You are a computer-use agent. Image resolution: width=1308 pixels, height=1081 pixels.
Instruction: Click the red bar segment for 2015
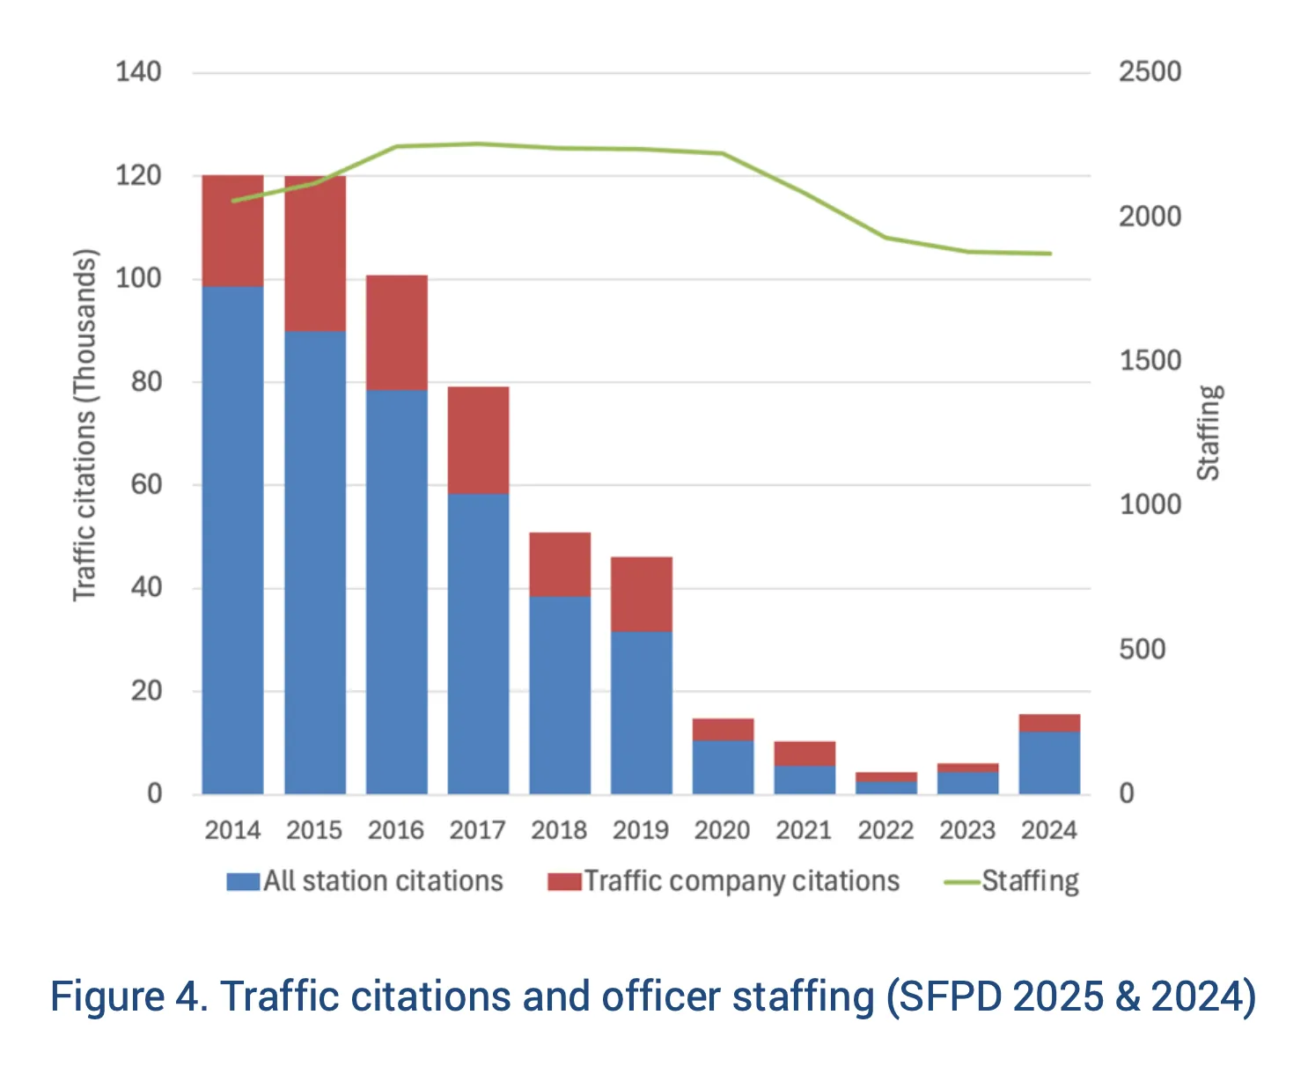click(x=314, y=254)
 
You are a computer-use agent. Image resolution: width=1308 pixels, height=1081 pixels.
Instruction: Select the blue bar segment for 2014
click(x=232, y=540)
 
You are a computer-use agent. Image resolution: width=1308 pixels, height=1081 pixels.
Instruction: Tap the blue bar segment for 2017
click(x=478, y=643)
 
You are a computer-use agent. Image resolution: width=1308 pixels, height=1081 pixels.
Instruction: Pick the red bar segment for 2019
click(x=641, y=594)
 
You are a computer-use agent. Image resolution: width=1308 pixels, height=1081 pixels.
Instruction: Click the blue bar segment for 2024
click(x=1049, y=762)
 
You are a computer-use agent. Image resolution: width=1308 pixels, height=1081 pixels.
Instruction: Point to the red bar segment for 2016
click(x=396, y=333)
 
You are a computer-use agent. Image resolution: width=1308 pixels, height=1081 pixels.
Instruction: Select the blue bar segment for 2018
click(x=560, y=695)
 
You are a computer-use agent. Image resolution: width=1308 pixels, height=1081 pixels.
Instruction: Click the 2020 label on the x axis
click(x=722, y=830)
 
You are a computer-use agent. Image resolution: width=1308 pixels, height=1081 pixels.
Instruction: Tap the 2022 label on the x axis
click(x=885, y=830)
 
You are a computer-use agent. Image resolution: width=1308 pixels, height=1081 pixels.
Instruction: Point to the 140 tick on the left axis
click(x=138, y=72)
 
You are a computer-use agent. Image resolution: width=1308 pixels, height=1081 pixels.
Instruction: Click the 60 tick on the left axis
click(x=146, y=484)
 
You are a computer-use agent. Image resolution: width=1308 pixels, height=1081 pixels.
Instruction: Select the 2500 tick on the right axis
click(x=1150, y=72)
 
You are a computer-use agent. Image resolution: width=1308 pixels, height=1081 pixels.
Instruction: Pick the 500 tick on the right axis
click(x=1142, y=650)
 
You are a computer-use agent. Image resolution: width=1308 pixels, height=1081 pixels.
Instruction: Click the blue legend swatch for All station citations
click(x=243, y=881)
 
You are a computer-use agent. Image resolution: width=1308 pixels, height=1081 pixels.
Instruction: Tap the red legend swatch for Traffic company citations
click(x=564, y=881)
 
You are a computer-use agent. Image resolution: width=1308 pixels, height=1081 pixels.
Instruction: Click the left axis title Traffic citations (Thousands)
click(x=85, y=426)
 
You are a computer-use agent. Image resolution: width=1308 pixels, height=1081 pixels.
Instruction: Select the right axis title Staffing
click(x=1209, y=433)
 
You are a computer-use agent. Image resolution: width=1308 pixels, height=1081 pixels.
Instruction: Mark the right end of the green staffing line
click(x=1050, y=254)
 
